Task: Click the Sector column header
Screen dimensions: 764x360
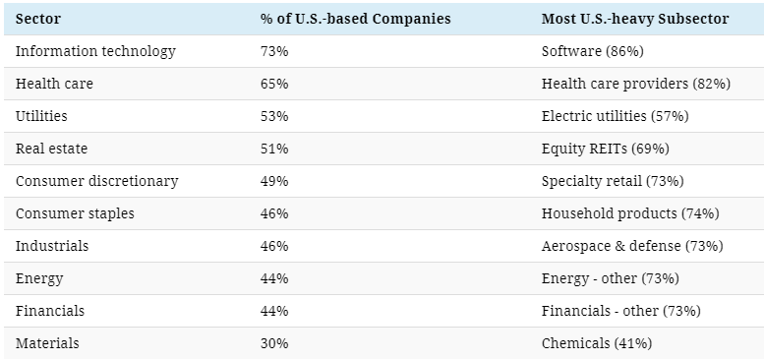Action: coord(38,19)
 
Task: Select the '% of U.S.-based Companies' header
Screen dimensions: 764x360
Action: coord(356,19)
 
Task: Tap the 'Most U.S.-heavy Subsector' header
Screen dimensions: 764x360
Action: coord(635,19)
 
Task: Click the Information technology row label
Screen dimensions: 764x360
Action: coord(95,51)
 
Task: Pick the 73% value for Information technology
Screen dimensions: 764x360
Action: coord(274,51)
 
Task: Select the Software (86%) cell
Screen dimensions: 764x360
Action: coord(593,51)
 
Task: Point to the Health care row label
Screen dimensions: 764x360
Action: coord(54,84)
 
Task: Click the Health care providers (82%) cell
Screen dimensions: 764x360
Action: coord(636,84)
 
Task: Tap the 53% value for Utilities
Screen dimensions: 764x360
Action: coord(274,116)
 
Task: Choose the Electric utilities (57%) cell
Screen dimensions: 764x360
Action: coord(615,116)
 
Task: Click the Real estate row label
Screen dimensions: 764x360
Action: coord(52,149)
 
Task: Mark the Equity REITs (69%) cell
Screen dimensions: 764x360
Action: coord(605,149)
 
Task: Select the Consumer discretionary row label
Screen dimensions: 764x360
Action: coord(97,181)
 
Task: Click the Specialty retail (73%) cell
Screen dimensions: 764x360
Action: coord(613,181)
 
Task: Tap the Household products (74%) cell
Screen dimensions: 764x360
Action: coord(630,213)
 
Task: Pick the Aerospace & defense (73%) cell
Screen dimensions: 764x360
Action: coord(632,246)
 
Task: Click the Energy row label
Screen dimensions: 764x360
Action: coord(39,279)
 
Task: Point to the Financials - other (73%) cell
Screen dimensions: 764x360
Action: coord(621,311)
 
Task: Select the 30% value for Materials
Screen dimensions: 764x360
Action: coord(274,343)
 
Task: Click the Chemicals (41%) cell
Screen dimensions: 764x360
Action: coord(597,343)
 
